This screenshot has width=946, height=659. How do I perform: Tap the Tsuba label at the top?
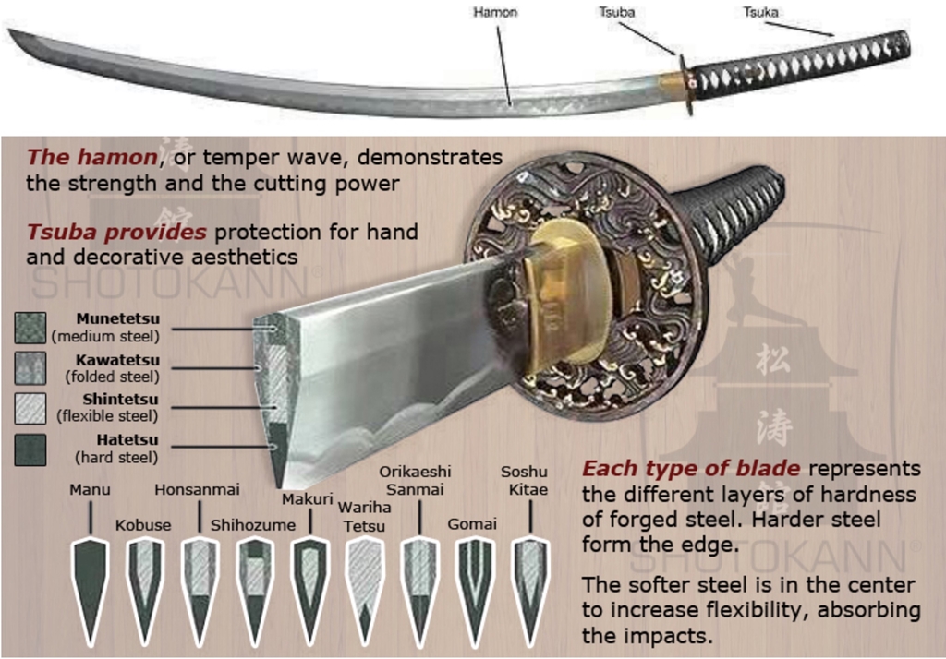[616, 13]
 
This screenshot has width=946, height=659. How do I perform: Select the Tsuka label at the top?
[760, 13]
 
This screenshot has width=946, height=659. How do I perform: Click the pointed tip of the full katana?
[12, 33]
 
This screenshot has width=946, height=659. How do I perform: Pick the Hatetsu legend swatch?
[30, 449]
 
